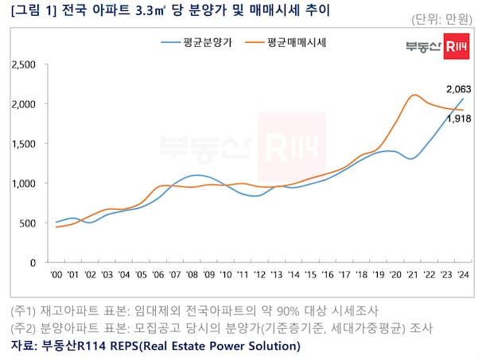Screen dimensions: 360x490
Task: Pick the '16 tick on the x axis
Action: pyautogui.click(x=327, y=274)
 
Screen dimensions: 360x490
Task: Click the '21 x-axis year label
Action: pyautogui.click(x=412, y=274)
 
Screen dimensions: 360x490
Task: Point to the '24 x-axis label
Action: pyautogui.click(x=462, y=274)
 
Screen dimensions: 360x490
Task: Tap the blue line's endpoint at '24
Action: pyautogui.click(x=463, y=99)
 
